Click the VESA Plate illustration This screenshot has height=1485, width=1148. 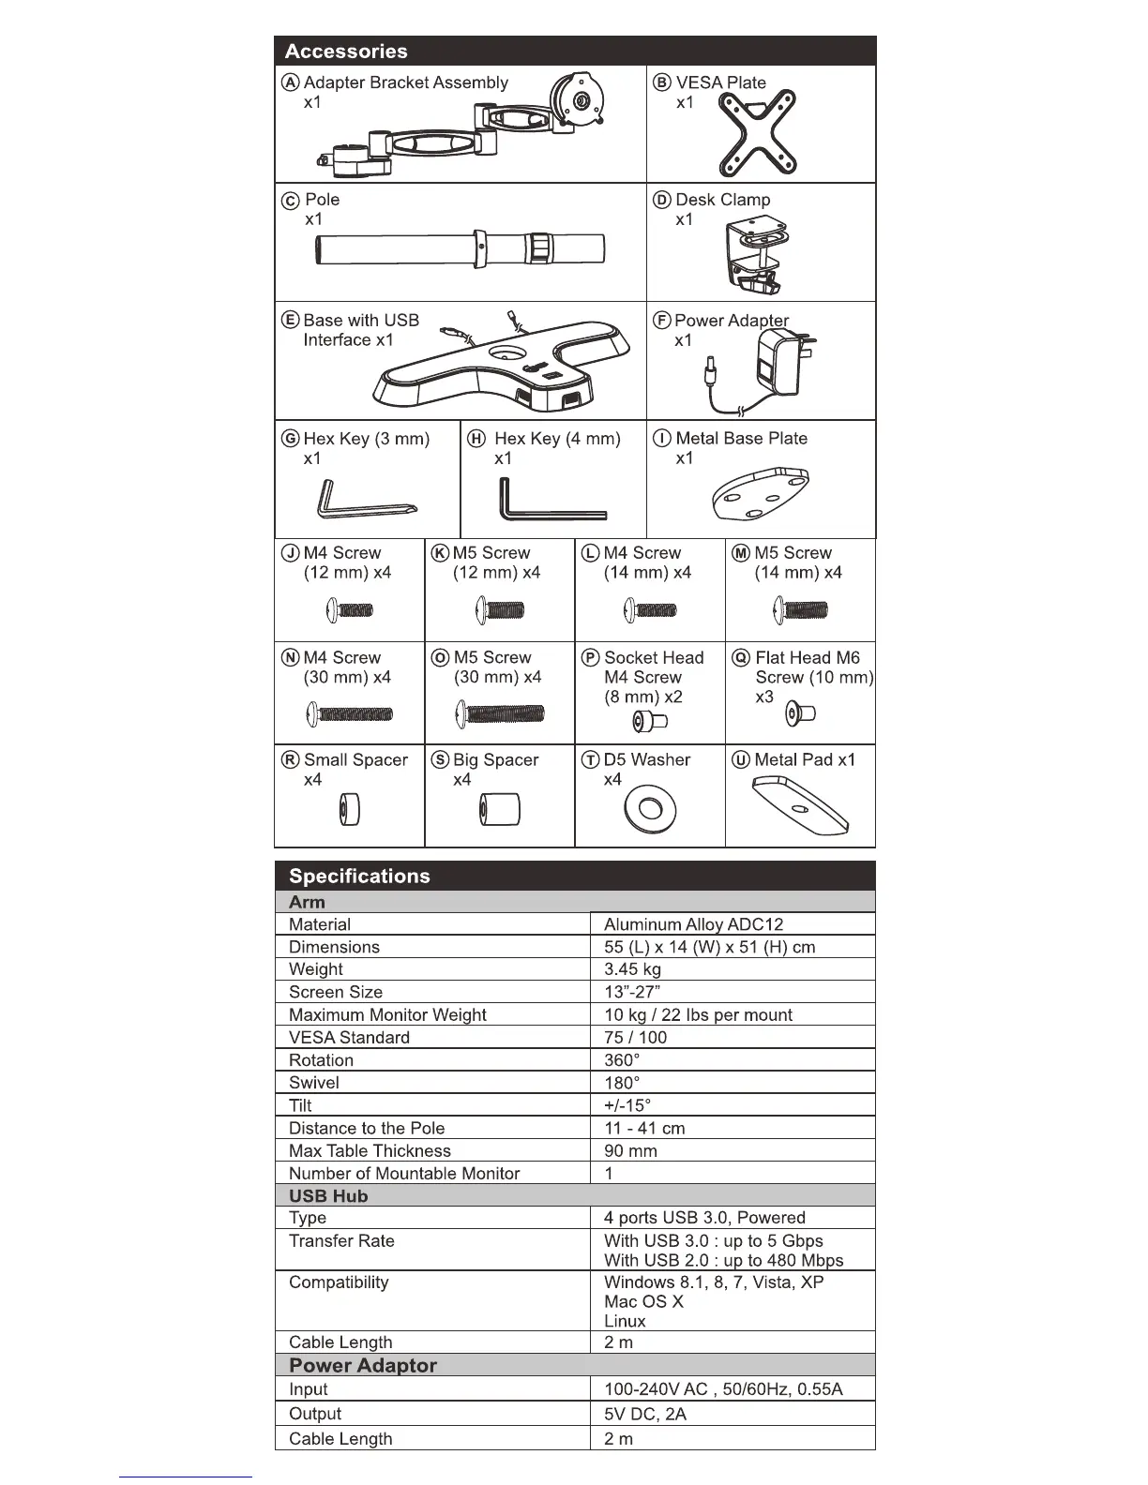click(757, 133)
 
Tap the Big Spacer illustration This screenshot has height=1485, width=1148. click(499, 809)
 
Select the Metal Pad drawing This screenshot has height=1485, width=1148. click(800, 806)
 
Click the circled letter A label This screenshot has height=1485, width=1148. click(291, 82)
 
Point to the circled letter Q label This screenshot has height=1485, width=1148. click(741, 657)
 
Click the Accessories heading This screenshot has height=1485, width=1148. click(346, 52)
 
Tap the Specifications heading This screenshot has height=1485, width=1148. click(359, 876)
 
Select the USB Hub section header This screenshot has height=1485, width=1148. click(328, 1195)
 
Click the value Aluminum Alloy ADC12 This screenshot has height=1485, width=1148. click(693, 924)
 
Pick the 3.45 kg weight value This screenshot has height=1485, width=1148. click(632, 969)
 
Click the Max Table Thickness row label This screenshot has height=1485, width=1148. click(370, 1150)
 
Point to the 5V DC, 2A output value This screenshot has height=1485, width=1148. click(645, 1414)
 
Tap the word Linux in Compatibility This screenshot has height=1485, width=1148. click(625, 1321)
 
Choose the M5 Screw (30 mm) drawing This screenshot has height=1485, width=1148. click(500, 714)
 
